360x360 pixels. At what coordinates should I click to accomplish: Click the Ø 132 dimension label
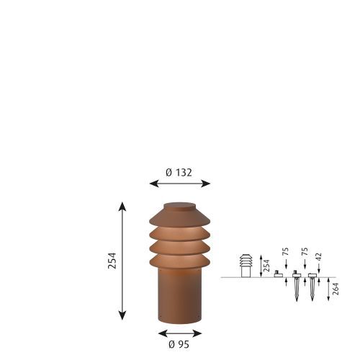[179, 173]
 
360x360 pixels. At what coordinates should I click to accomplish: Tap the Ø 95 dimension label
[179, 344]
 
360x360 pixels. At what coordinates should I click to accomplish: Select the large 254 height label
[112, 261]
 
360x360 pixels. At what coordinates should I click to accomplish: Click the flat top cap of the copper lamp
[180, 206]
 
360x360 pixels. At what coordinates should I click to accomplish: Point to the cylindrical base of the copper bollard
[180, 296]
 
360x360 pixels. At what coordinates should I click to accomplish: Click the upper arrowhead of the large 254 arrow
[122, 207]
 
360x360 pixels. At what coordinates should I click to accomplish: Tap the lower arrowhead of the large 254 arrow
[122, 315]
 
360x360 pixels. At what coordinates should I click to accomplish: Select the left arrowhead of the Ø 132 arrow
[154, 184]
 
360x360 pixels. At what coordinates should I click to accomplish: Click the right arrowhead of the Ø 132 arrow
[206, 184]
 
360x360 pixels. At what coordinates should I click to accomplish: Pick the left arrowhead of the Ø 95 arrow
[163, 333]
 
